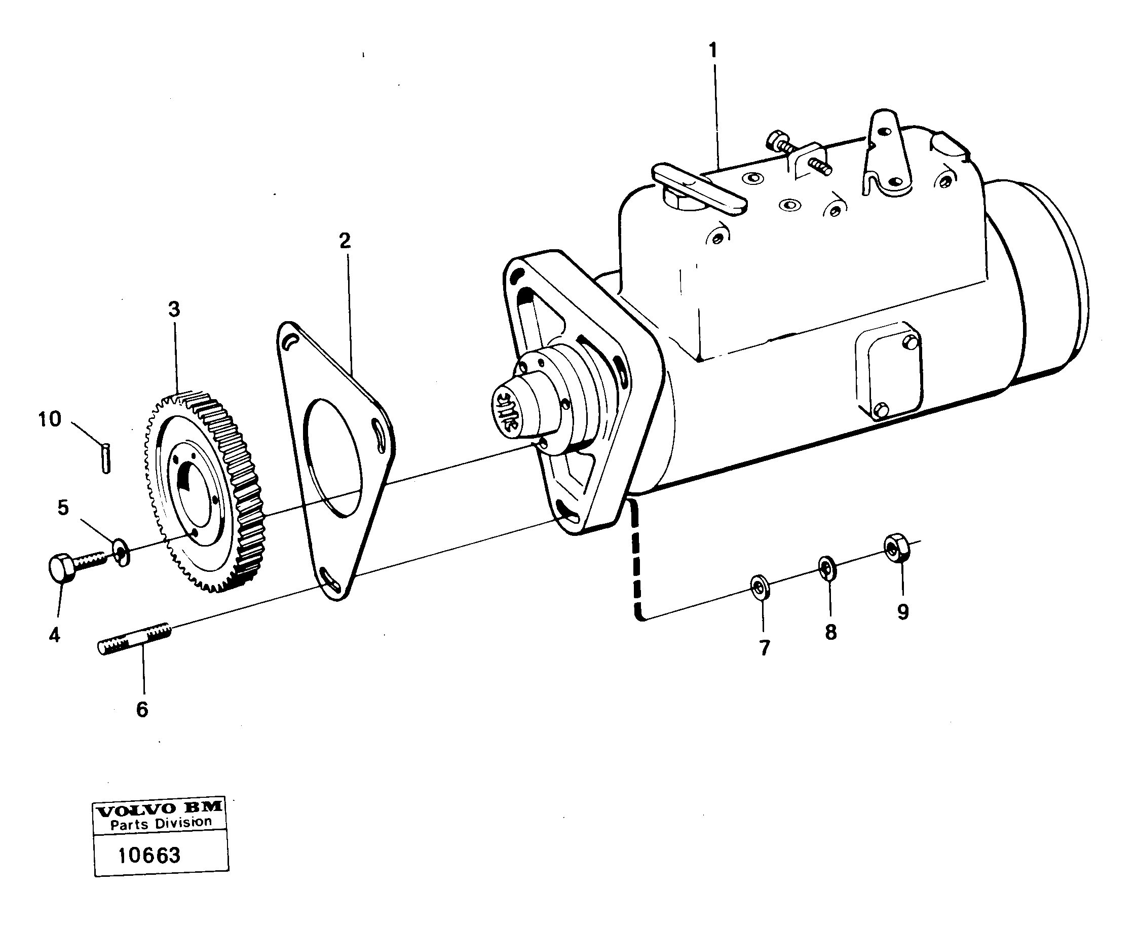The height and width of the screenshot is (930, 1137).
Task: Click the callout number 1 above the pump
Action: pos(712,51)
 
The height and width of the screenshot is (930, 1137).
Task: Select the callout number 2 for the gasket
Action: pos(345,241)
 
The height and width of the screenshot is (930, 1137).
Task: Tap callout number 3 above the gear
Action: pos(174,309)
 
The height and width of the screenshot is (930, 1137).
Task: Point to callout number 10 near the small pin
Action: pos(50,419)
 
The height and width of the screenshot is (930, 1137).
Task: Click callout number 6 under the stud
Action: pos(142,709)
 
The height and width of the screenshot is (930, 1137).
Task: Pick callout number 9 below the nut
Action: pos(903,612)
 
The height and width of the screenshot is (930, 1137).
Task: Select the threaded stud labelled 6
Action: pos(134,638)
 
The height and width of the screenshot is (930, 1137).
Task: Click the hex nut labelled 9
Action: pos(893,548)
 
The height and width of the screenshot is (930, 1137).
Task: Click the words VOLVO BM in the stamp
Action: pos(159,809)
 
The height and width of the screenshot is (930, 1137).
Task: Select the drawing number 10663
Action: pos(149,855)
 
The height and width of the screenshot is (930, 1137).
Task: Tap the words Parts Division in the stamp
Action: pos(161,824)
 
